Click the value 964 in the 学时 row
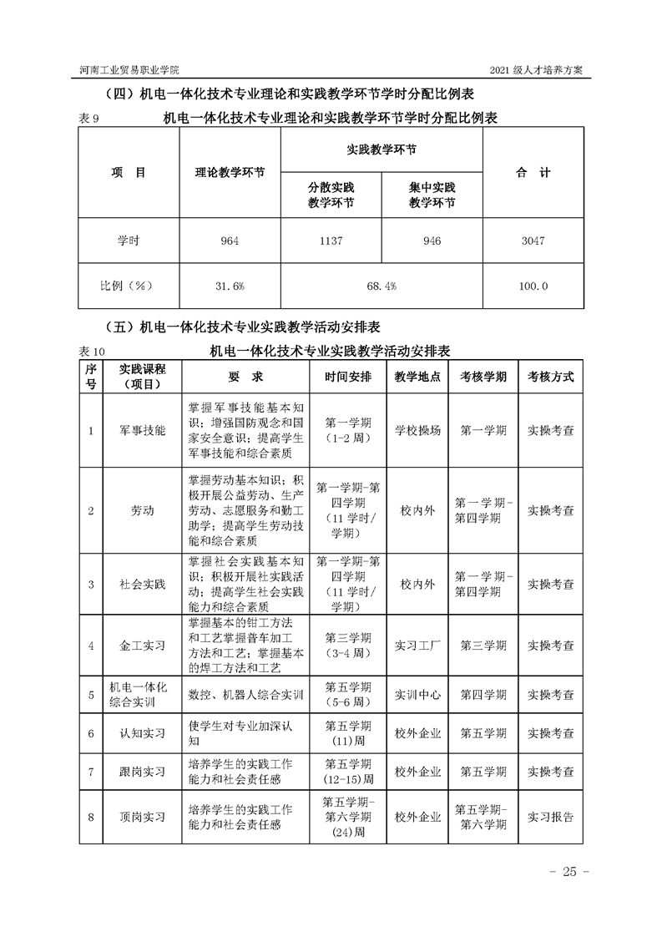(x=230, y=241)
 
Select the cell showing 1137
(x=331, y=241)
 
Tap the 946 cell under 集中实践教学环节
(x=432, y=241)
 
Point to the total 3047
(x=533, y=241)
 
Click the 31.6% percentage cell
(x=230, y=286)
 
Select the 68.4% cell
(x=381, y=286)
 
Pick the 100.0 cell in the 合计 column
(x=533, y=286)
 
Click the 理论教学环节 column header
(x=230, y=173)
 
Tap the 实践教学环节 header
(x=381, y=149)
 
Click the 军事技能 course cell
(x=143, y=431)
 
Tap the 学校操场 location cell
(x=418, y=431)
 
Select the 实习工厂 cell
(x=418, y=646)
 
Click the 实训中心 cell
(x=418, y=694)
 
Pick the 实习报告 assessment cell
(x=550, y=818)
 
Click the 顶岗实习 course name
(x=143, y=818)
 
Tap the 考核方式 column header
(x=550, y=377)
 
